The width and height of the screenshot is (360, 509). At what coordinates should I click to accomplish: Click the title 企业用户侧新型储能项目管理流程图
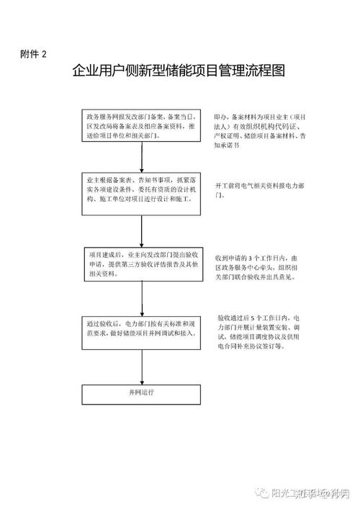[x=179, y=72]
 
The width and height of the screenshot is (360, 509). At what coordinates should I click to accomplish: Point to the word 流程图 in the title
[x=267, y=72]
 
